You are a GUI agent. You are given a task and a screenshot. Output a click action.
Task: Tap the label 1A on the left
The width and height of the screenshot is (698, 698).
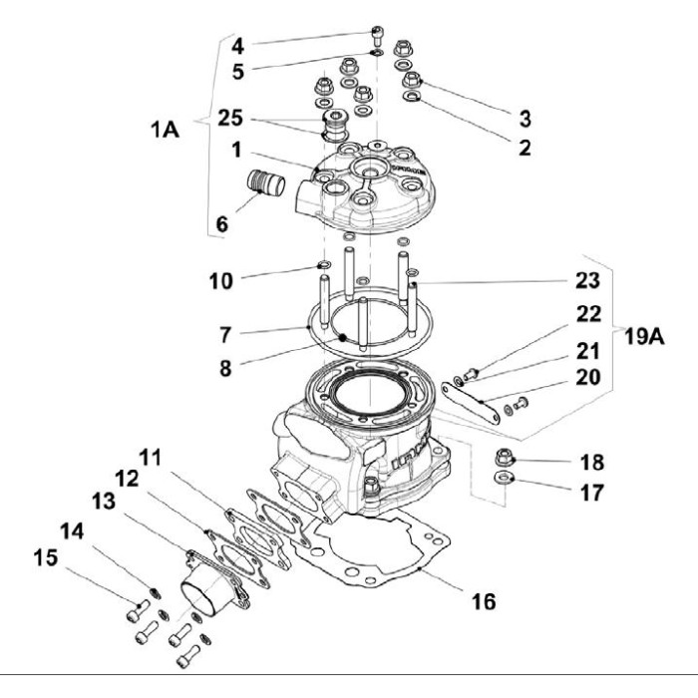166,131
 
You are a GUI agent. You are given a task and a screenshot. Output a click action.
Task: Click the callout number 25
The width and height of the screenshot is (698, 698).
231,118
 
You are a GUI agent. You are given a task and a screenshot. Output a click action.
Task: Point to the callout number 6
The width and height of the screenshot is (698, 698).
221,224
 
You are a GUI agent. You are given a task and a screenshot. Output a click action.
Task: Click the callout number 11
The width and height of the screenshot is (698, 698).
150,457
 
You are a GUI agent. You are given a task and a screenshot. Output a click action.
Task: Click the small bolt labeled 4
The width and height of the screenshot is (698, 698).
378,33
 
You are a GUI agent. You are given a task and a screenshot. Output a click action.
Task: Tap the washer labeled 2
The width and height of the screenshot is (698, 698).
413,97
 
